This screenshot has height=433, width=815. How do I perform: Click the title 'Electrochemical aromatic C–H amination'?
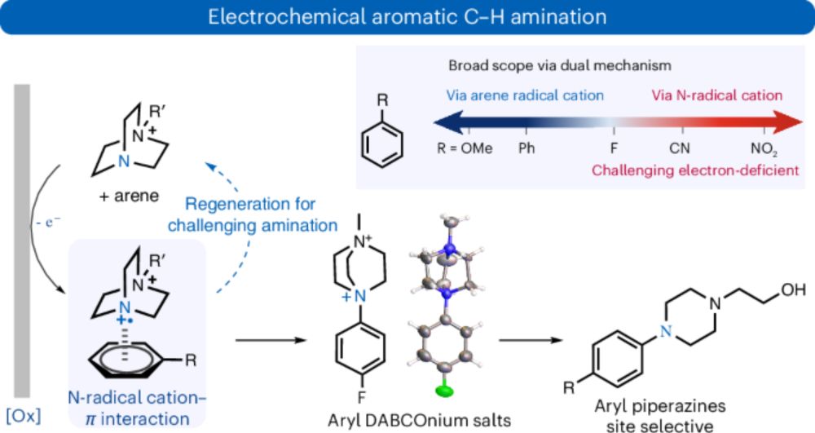[407, 17]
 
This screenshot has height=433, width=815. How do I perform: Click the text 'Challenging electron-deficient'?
[687, 171]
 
